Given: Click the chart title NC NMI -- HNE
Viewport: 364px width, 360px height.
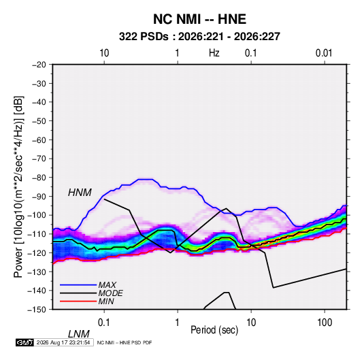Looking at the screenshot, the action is pyautogui.click(x=199, y=19).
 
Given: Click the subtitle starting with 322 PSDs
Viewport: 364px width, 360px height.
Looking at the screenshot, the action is pyautogui.click(x=199, y=37).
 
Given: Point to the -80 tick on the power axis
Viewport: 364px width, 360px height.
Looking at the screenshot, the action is pyautogui.click(x=39, y=178).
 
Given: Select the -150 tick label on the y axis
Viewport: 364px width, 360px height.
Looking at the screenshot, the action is pyautogui.click(x=37, y=310).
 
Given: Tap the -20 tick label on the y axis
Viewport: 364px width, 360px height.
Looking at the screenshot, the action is pyautogui.click(x=39, y=65).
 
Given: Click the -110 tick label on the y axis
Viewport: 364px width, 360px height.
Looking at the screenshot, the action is pyautogui.click(x=37, y=234).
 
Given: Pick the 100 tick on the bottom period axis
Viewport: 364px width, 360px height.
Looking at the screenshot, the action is pyautogui.click(x=325, y=323).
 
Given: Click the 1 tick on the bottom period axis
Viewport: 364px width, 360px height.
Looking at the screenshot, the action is pyautogui.click(x=178, y=323).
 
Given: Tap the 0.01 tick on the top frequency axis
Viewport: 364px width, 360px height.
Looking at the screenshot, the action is pyautogui.click(x=324, y=53).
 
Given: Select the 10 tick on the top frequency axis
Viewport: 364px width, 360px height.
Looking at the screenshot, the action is pyautogui.click(x=104, y=53).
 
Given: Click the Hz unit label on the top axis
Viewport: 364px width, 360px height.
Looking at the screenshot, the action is pyautogui.click(x=214, y=53).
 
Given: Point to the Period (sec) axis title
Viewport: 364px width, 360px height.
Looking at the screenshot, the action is pyautogui.click(x=214, y=330).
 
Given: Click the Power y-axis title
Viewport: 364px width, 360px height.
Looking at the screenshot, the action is pyautogui.click(x=18, y=187).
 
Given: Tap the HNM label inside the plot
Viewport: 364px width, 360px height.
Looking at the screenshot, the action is pyautogui.click(x=80, y=193).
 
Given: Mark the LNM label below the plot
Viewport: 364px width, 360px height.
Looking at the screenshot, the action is pyautogui.click(x=78, y=334).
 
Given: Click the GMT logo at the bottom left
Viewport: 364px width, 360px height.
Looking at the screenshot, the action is pyautogui.click(x=24, y=342).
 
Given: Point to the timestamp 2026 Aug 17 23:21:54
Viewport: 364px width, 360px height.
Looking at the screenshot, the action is pyautogui.click(x=63, y=342).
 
